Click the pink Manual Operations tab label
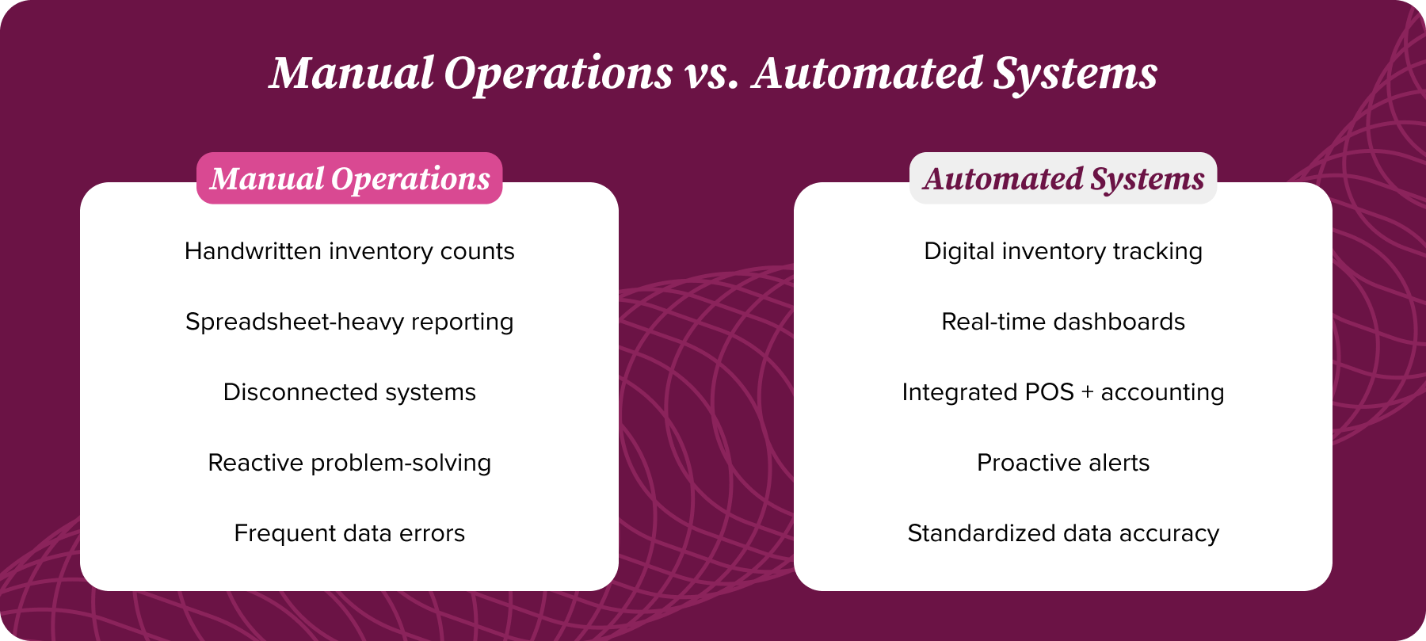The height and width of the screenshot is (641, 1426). click(x=349, y=178)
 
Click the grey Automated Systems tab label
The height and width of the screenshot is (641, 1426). click(x=1063, y=178)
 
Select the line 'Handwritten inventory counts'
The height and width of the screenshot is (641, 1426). click(x=349, y=251)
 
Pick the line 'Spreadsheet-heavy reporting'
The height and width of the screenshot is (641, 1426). click(x=349, y=322)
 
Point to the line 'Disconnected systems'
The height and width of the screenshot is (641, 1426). click(x=349, y=392)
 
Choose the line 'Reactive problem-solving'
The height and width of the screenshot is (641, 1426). click(x=349, y=463)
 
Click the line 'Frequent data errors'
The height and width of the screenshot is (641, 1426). click(x=349, y=533)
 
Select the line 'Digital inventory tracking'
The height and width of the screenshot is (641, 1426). click(x=1063, y=251)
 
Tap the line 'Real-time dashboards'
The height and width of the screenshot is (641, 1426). click(x=1063, y=322)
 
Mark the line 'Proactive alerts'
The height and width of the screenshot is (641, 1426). click(x=1063, y=463)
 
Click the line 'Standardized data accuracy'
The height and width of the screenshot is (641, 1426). click(x=1063, y=533)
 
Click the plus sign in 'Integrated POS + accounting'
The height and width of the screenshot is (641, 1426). click(x=1087, y=393)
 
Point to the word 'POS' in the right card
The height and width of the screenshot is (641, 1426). click(x=1049, y=392)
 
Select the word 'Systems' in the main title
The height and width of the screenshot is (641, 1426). click(x=1075, y=73)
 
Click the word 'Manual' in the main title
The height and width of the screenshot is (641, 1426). click(x=352, y=73)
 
